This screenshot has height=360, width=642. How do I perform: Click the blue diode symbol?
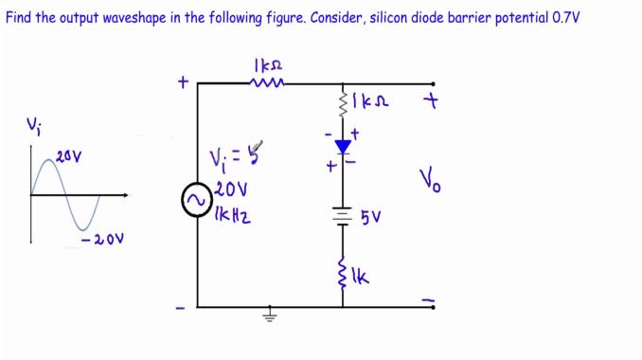coord(343,147)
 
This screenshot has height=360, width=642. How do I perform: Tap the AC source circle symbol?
coord(197,201)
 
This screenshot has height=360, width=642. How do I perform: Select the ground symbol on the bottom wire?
coord(270,315)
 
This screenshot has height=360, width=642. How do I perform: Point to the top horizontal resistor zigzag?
coord(262,83)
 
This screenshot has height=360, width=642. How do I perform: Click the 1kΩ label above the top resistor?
coord(268,64)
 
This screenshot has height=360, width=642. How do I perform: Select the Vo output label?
coord(431,179)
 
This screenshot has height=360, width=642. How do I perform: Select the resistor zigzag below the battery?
coord(343,276)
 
